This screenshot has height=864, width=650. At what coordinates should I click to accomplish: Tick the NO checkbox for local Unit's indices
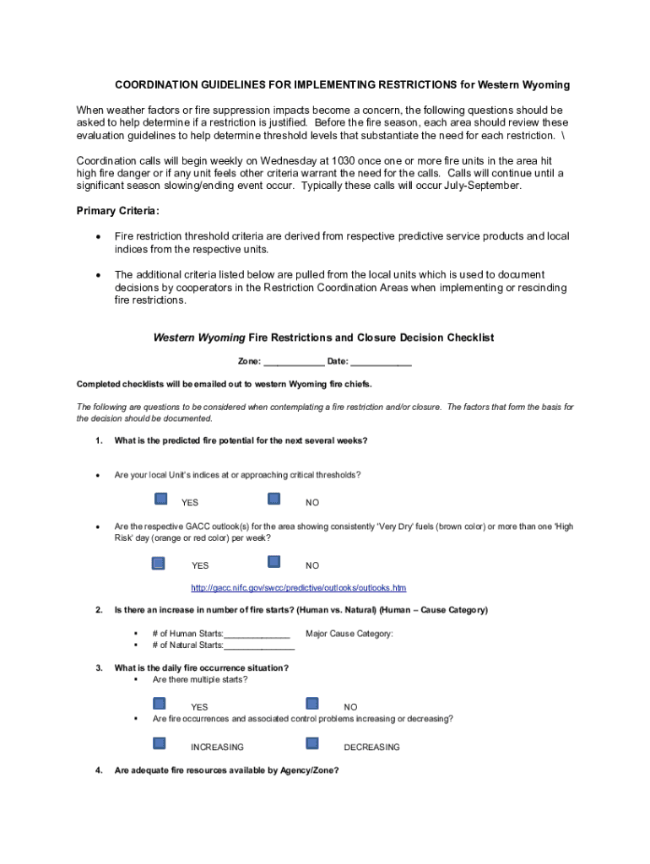click(274, 499)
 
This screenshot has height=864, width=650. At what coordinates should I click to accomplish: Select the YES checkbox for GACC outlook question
click(158, 562)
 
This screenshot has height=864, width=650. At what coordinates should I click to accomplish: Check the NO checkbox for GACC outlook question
click(274, 562)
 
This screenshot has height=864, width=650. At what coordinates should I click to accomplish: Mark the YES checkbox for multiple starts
click(160, 703)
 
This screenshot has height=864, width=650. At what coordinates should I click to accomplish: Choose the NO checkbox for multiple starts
click(312, 703)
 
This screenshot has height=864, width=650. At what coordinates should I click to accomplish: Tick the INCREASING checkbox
click(160, 743)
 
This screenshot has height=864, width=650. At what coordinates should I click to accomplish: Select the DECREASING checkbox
click(312, 743)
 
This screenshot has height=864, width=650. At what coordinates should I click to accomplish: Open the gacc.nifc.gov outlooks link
click(299, 587)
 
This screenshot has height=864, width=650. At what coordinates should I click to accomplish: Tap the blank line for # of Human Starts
click(257, 634)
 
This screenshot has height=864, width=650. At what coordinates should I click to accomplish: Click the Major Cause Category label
click(349, 634)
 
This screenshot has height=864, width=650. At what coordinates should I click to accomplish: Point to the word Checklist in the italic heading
click(464, 337)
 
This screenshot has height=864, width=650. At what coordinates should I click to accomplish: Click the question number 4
click(99, 769)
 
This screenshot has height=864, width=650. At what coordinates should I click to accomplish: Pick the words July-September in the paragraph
click(485, 186)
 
